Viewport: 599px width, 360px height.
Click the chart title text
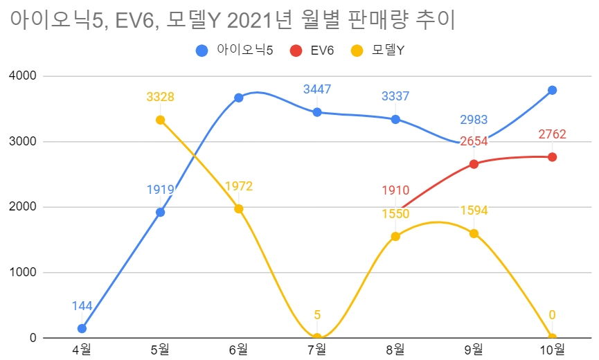(232, 21)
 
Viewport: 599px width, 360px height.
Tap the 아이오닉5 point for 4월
(82, 328)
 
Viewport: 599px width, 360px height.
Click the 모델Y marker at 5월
(160, 120)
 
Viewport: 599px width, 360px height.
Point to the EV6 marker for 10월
(552, 157)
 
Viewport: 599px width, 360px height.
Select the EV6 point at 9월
(474, 164)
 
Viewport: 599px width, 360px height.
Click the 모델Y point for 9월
(474, 233)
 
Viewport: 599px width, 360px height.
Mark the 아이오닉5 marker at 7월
(317, 112)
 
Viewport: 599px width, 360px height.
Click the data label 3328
(160, 97)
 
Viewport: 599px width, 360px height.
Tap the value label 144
(82, 305)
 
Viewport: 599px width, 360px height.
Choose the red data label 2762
(552, 134)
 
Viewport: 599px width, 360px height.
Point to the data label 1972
(239, 186)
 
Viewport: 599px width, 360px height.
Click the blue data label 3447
(317, 89)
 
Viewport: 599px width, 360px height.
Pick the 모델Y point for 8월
(395, 236)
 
